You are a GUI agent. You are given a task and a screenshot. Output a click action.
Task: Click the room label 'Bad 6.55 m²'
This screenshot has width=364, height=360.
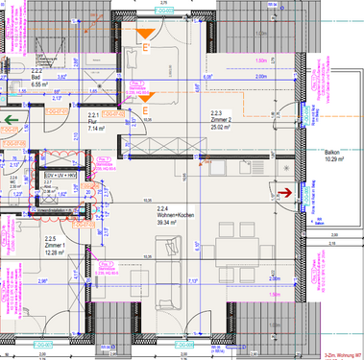point(38,82)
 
